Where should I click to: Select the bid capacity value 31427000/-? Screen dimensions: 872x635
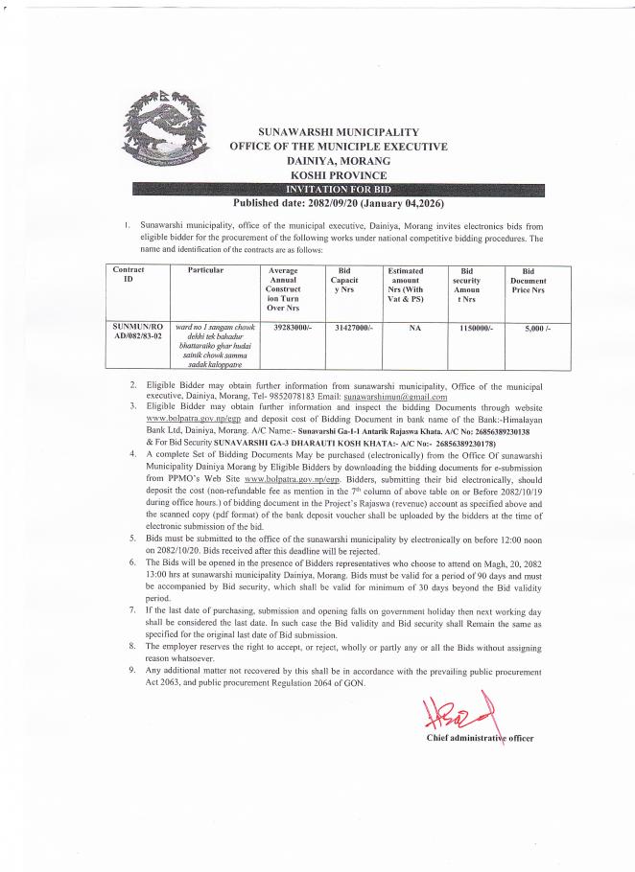point(342,328)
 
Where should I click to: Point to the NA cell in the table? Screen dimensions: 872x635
point(404,328)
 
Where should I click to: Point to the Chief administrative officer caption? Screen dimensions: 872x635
point(480,738)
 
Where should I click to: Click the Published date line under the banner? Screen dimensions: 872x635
point(339,203)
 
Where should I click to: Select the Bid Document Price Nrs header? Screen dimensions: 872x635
point(529,281)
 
